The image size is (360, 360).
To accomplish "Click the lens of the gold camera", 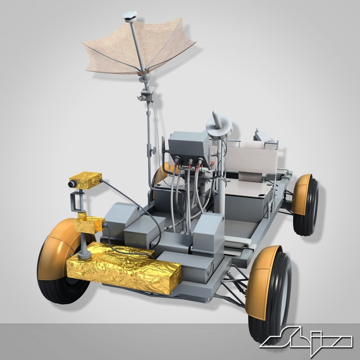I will pos(71,184).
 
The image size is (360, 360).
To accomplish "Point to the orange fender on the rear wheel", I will pos(300,193).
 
